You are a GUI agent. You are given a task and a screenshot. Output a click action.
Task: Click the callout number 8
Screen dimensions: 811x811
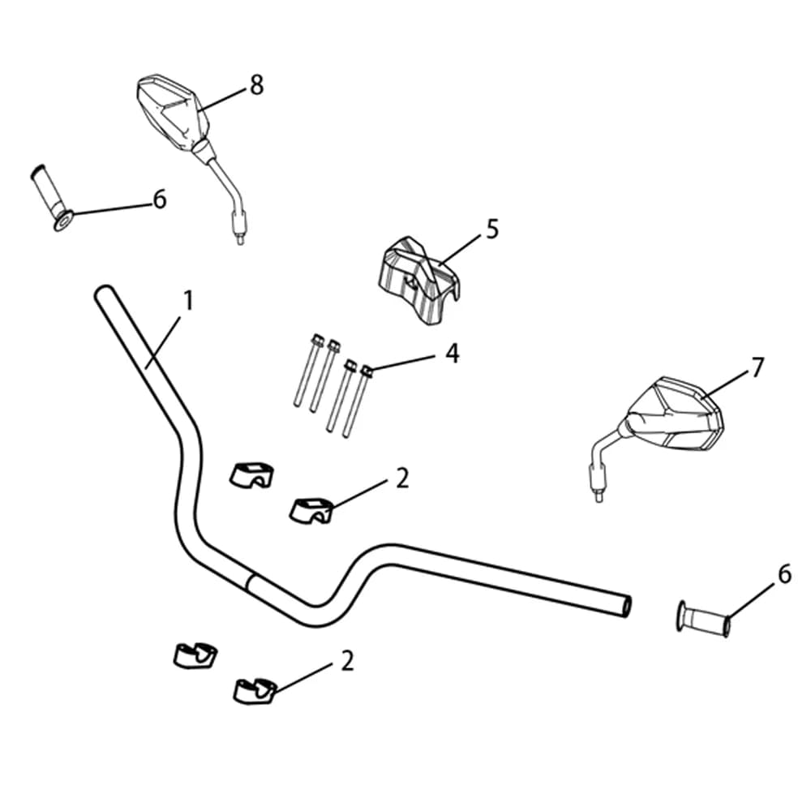(x=257, y=85)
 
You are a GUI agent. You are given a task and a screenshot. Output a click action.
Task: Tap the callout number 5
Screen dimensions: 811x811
(x=492, y=230)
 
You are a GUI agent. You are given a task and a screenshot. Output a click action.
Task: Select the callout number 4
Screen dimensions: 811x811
(x=452, y=354)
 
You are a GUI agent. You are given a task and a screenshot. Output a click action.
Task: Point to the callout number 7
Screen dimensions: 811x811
(x=757, y=367)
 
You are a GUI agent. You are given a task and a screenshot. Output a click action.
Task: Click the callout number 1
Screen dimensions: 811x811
(x=188, y=301)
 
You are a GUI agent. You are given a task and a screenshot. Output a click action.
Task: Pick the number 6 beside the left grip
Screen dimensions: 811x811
(x=160, y=200)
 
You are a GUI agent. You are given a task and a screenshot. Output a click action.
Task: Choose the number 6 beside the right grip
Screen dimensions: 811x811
(x=784, y=574)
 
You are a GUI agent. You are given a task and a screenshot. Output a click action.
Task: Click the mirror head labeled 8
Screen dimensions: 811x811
(x=173, y=111)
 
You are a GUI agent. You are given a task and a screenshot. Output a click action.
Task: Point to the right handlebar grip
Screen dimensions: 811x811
(x=703, y=619)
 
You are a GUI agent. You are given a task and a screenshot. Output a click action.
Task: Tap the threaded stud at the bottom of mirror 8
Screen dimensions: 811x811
(x=240, y=239)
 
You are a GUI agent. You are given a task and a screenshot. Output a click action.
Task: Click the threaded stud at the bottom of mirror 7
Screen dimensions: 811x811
(x=599, y=496)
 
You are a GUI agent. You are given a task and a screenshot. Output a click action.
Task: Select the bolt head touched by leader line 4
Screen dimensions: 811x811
(x=367, y=371)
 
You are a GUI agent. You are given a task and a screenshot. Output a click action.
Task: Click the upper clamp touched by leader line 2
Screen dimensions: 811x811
(x=311, y=510)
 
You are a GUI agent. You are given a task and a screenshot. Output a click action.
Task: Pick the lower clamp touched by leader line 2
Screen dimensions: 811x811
(x=255, y=690)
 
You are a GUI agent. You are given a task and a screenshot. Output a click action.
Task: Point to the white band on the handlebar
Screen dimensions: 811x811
(x=252, y=583)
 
